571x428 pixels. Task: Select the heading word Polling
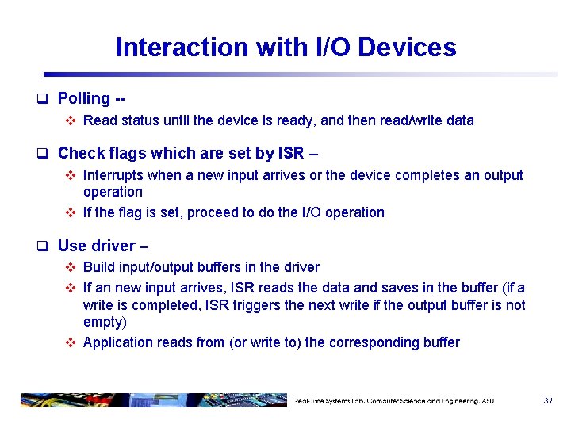coord(84,99)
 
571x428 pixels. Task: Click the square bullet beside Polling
coord(44,99)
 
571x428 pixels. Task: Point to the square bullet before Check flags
coord(44,153)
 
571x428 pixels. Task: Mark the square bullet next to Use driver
coord(44,246)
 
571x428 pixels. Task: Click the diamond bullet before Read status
coord(70,121)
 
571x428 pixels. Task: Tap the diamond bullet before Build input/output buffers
coord(70,268)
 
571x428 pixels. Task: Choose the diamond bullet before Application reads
coord(70,343)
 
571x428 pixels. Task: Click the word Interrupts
coord(114,175)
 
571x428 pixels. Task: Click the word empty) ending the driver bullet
coord(105,323)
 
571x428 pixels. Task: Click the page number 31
coord(548,401)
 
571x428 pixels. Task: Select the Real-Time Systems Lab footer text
coord(394,401)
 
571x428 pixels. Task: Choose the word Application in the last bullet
coord(118,342)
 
